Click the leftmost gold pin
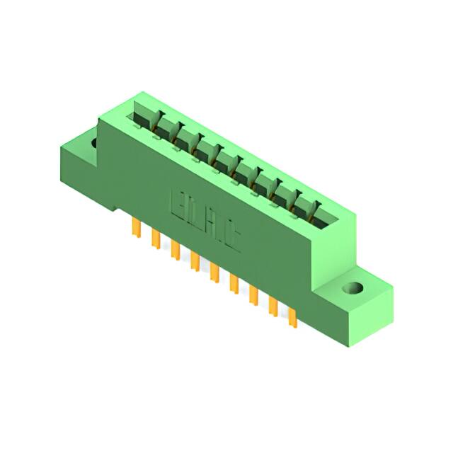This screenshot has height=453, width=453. click(134, 228)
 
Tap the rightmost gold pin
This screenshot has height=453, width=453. click(292, 318)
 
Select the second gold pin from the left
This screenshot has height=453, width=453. click(154, 239)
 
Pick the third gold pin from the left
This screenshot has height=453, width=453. click(173, 251)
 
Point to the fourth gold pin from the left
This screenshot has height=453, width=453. click(193, 262)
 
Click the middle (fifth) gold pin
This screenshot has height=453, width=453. click(213, 273)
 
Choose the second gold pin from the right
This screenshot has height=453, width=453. click(273, 307)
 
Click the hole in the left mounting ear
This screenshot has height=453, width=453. click(93, 143)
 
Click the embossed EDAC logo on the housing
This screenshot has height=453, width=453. click(205, 221)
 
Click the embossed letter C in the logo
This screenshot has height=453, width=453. click(231, 236)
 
